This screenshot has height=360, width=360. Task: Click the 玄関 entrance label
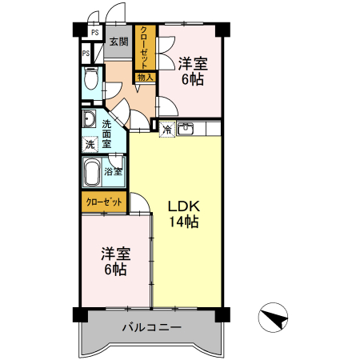(118, 42)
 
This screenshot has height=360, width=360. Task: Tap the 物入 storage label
(145, 78)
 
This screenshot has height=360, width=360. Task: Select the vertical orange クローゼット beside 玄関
(145, 47)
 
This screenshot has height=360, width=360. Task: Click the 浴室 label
(114, 170)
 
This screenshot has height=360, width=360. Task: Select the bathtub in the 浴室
(93, 170)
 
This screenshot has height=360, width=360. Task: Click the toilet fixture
(90, 81)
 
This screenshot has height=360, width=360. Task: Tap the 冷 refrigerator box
(167, 128)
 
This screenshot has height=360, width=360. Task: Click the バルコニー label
(152, 327)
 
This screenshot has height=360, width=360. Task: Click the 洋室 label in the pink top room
(192, 62)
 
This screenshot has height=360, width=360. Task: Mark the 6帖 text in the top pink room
(192, 79)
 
